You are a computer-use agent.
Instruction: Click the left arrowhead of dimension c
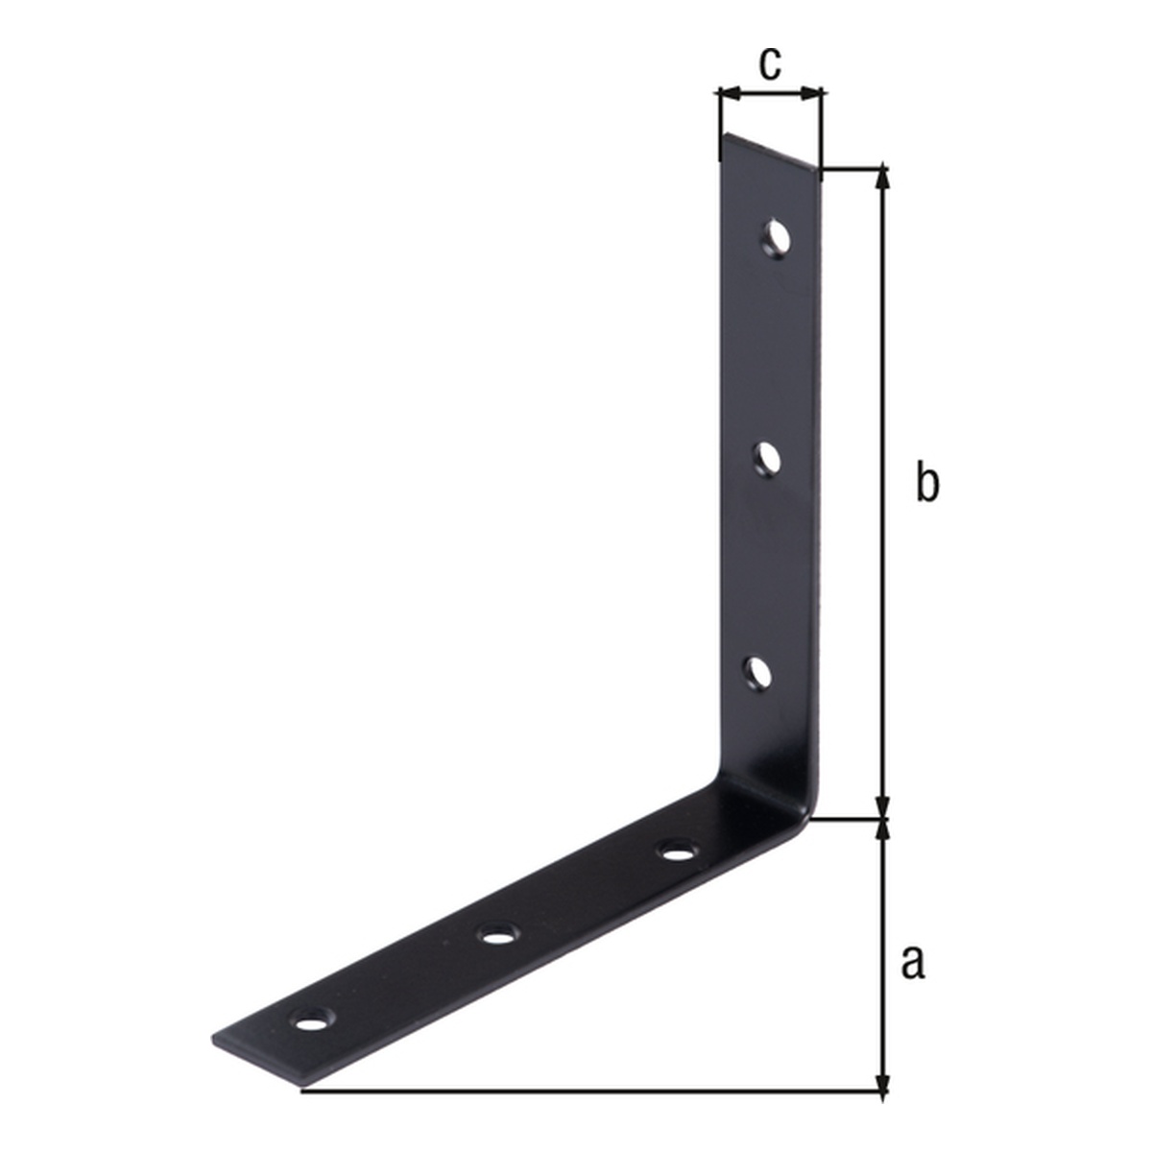point(731,93)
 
